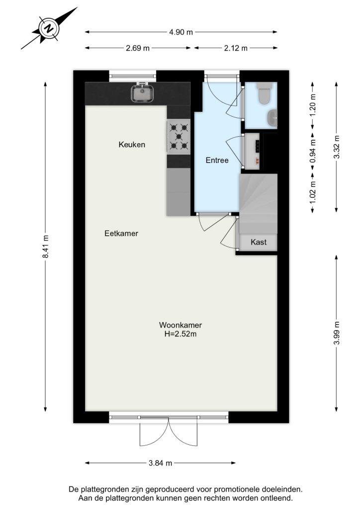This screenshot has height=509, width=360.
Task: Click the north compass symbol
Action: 49,28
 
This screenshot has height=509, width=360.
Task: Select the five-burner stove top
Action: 178,136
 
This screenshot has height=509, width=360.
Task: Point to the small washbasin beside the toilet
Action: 272,117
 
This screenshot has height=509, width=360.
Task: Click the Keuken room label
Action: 132,145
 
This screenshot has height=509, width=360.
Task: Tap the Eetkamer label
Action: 121,234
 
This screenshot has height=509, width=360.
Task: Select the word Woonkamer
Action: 180,325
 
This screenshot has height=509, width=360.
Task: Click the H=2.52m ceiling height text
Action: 180,334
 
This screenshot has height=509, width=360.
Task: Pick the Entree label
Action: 217,161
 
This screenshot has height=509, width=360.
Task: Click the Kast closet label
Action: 259,242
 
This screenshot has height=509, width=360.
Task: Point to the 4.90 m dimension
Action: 181,32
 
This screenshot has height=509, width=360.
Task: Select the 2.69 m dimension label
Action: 138,48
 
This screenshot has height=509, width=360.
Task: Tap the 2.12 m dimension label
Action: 236,48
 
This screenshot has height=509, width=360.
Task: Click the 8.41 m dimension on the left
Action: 45,247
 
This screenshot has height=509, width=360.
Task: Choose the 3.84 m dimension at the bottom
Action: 161,463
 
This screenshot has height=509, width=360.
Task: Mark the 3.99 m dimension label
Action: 336,334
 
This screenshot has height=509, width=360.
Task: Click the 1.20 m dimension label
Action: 313,105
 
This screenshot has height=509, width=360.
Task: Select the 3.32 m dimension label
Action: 336,147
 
